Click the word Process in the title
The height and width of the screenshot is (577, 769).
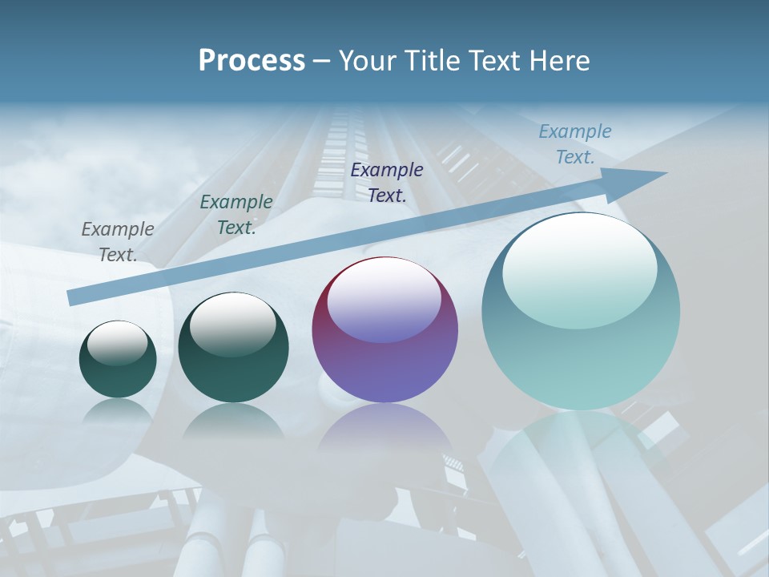[252, 61]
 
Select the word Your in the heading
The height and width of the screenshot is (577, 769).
[365, 61]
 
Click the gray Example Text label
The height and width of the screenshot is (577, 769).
[118, 242]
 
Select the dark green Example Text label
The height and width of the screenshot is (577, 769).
[236, 215]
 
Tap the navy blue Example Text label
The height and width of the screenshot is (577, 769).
[387, 182]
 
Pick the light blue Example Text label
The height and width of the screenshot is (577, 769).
[575, 144]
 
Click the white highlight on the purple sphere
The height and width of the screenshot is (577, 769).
[384, 301]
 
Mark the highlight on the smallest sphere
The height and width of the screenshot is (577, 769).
[117, 344]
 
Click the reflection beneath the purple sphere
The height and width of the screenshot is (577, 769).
[384, 429]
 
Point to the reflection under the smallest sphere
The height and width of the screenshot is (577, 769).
[118, 412]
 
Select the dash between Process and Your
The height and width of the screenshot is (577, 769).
[321, 61]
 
